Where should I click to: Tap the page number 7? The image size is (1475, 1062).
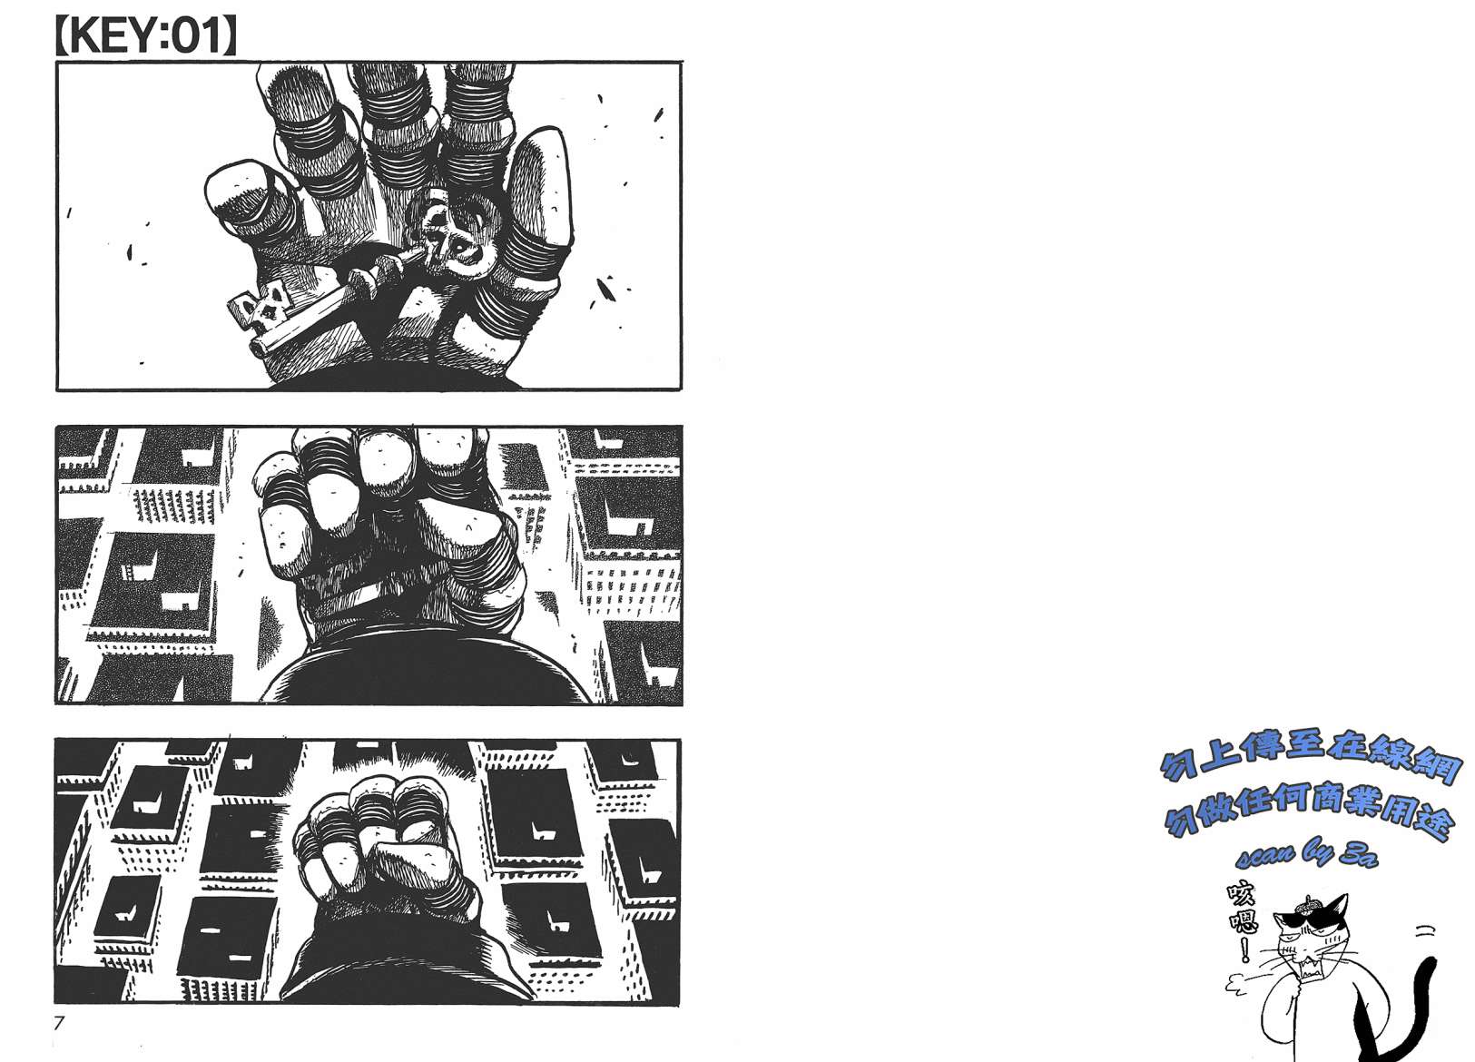pos(59,1022)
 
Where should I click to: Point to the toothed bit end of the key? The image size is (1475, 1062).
pos(261,310)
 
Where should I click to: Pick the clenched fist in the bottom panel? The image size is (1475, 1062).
pos(388,850)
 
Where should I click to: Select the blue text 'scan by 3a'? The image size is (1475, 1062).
pos(1306,856)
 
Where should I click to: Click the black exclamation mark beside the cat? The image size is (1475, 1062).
pos(1244,950)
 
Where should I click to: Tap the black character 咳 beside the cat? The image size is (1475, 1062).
pos(1240,895)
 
